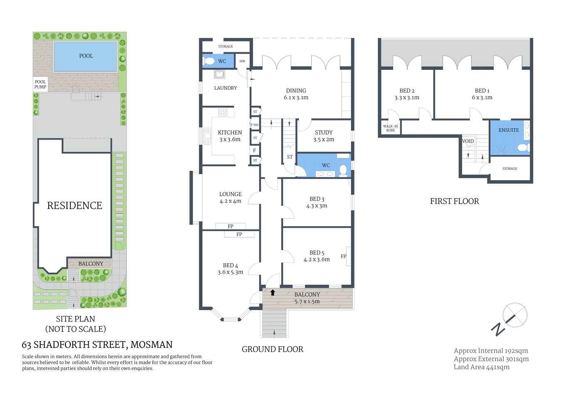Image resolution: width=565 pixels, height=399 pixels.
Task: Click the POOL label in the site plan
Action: (86, 56)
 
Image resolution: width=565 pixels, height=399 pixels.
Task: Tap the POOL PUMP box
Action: (40, 84)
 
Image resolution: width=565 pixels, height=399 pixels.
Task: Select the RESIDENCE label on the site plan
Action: (74, 205)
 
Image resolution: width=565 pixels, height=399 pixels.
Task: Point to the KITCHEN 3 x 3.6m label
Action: (230, 136)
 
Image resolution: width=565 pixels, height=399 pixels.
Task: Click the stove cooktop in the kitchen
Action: (223, 112)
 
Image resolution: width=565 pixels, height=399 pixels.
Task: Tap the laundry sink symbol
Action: (219, 74)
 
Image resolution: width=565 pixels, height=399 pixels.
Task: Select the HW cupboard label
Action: (242, 61)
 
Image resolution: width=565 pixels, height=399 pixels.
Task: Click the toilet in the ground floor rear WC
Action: (210, 62)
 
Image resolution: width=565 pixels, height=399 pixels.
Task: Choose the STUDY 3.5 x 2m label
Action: (323, 136)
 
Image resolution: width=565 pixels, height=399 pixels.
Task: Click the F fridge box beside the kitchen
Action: (255, 150)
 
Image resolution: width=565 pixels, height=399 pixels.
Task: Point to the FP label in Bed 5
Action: (343, 256)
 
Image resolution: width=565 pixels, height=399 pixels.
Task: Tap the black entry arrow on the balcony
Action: (273, 293)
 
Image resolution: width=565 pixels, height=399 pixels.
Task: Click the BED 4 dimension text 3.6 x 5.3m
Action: (230, 272)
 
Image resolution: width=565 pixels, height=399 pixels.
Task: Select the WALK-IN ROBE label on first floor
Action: (390, 128)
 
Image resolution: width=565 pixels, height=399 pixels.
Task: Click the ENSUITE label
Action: (508, 130)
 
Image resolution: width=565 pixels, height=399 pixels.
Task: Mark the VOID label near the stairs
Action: (468, 141)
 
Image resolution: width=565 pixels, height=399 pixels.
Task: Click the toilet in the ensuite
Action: (522, 148)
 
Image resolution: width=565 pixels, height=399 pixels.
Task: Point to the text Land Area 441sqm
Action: (481, 367)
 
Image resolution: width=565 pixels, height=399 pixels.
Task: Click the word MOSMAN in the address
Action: (151, 345)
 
